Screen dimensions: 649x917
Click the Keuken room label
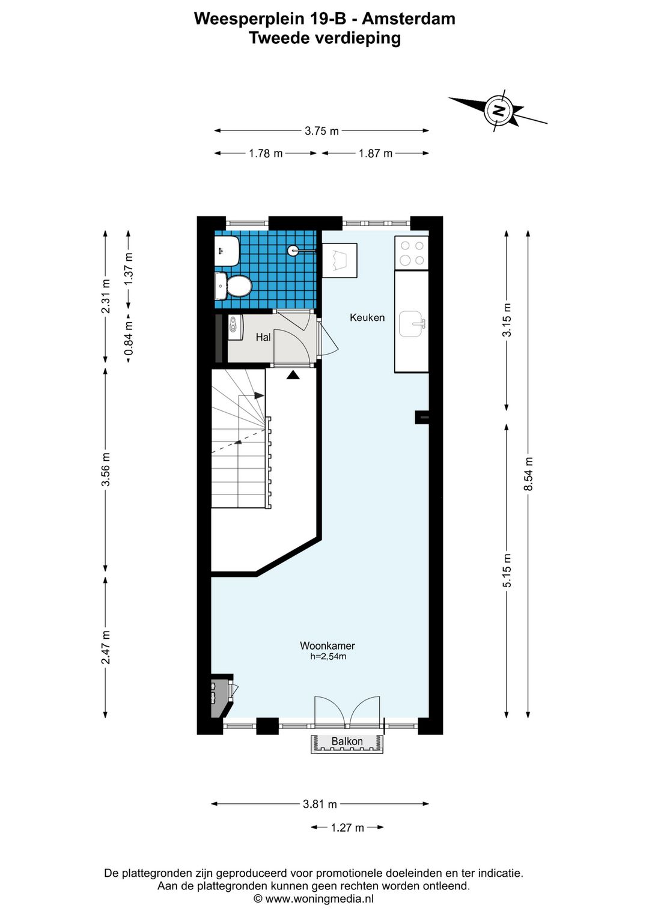click(x=367, y=317)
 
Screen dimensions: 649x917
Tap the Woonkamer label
click(x=327, y=645)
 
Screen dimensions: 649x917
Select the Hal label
click(x=263, y=337)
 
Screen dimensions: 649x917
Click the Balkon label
click(x=347, y=742)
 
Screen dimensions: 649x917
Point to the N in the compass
click(x=499, y=110)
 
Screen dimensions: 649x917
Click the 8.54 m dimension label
click(x=530, y=474)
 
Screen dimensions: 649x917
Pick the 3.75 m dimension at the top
click(x=321, y=131)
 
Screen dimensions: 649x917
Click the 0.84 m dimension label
click(x=129, y=338)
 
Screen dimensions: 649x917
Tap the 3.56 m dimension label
click(x=106, y=469)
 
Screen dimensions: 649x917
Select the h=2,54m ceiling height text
click(x=328, y=657)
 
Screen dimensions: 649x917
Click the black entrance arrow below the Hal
click(x=293, y=374)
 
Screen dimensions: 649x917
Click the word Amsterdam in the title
click(x=409, y=19)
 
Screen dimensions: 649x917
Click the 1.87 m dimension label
click(x=376, y=153)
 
